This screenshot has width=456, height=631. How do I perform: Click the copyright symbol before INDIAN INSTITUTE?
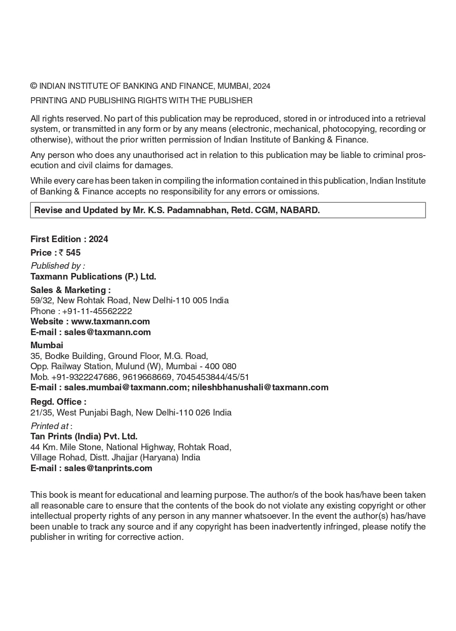(x=34, y=86)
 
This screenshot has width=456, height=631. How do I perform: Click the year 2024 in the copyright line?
(x=262, y=86)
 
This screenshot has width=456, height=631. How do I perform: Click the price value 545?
(x=73, y=253)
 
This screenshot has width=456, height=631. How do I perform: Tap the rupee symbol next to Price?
(x=61, y=253)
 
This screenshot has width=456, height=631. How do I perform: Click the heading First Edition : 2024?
(x=69, y=239)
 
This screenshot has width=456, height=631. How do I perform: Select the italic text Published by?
(x=58, y=266)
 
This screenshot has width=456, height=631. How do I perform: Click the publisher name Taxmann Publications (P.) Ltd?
(x=93, y=277)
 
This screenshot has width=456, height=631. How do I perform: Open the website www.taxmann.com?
(x=110, y=322)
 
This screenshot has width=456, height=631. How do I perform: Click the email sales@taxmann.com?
(x=107, y=332)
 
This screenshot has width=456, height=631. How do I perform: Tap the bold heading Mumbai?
(x=47, y=345)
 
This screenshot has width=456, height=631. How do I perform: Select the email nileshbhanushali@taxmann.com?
(x=260, y=387)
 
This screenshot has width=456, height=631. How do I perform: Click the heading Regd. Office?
(x=58, y=402)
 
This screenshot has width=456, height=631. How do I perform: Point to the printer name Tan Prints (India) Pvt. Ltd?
(x=84, y=437)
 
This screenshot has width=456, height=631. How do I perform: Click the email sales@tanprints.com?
(x=108, y=468)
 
